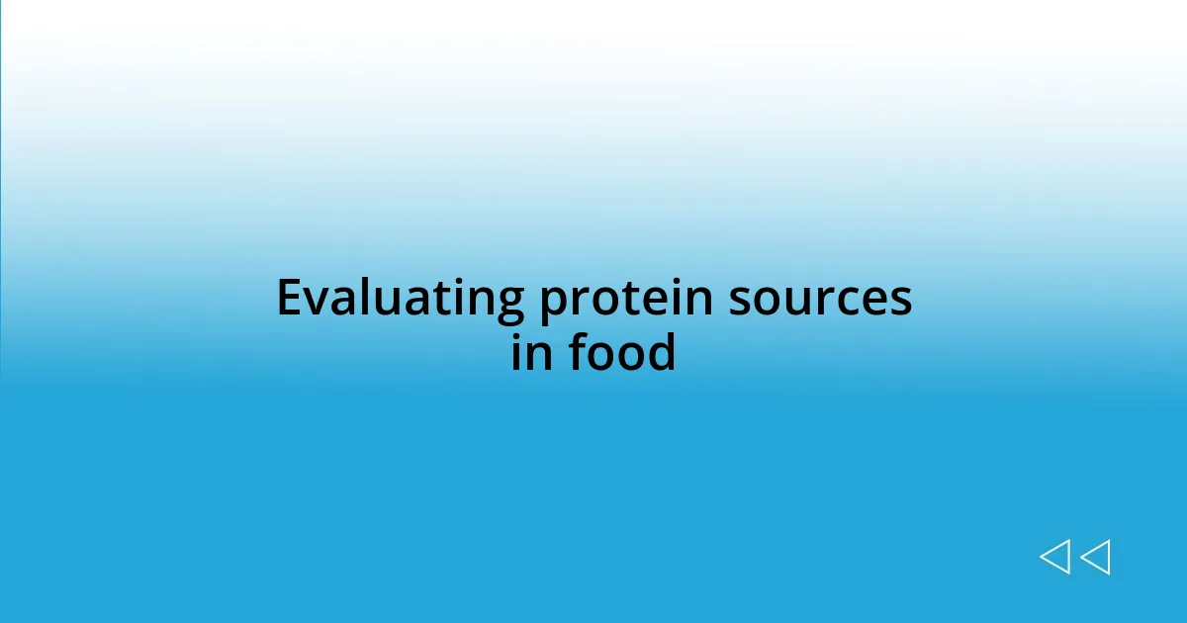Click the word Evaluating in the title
pos(400,299)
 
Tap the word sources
pos(820,299)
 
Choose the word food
pos(622,352)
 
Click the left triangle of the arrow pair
pos(1054,557)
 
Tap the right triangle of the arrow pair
pos(1095,557)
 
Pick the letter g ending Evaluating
pos(509,304)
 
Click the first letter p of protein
pos(552,304)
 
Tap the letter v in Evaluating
pos(316,301)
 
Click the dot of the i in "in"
pos(517,333)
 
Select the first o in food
pos(604,355)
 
